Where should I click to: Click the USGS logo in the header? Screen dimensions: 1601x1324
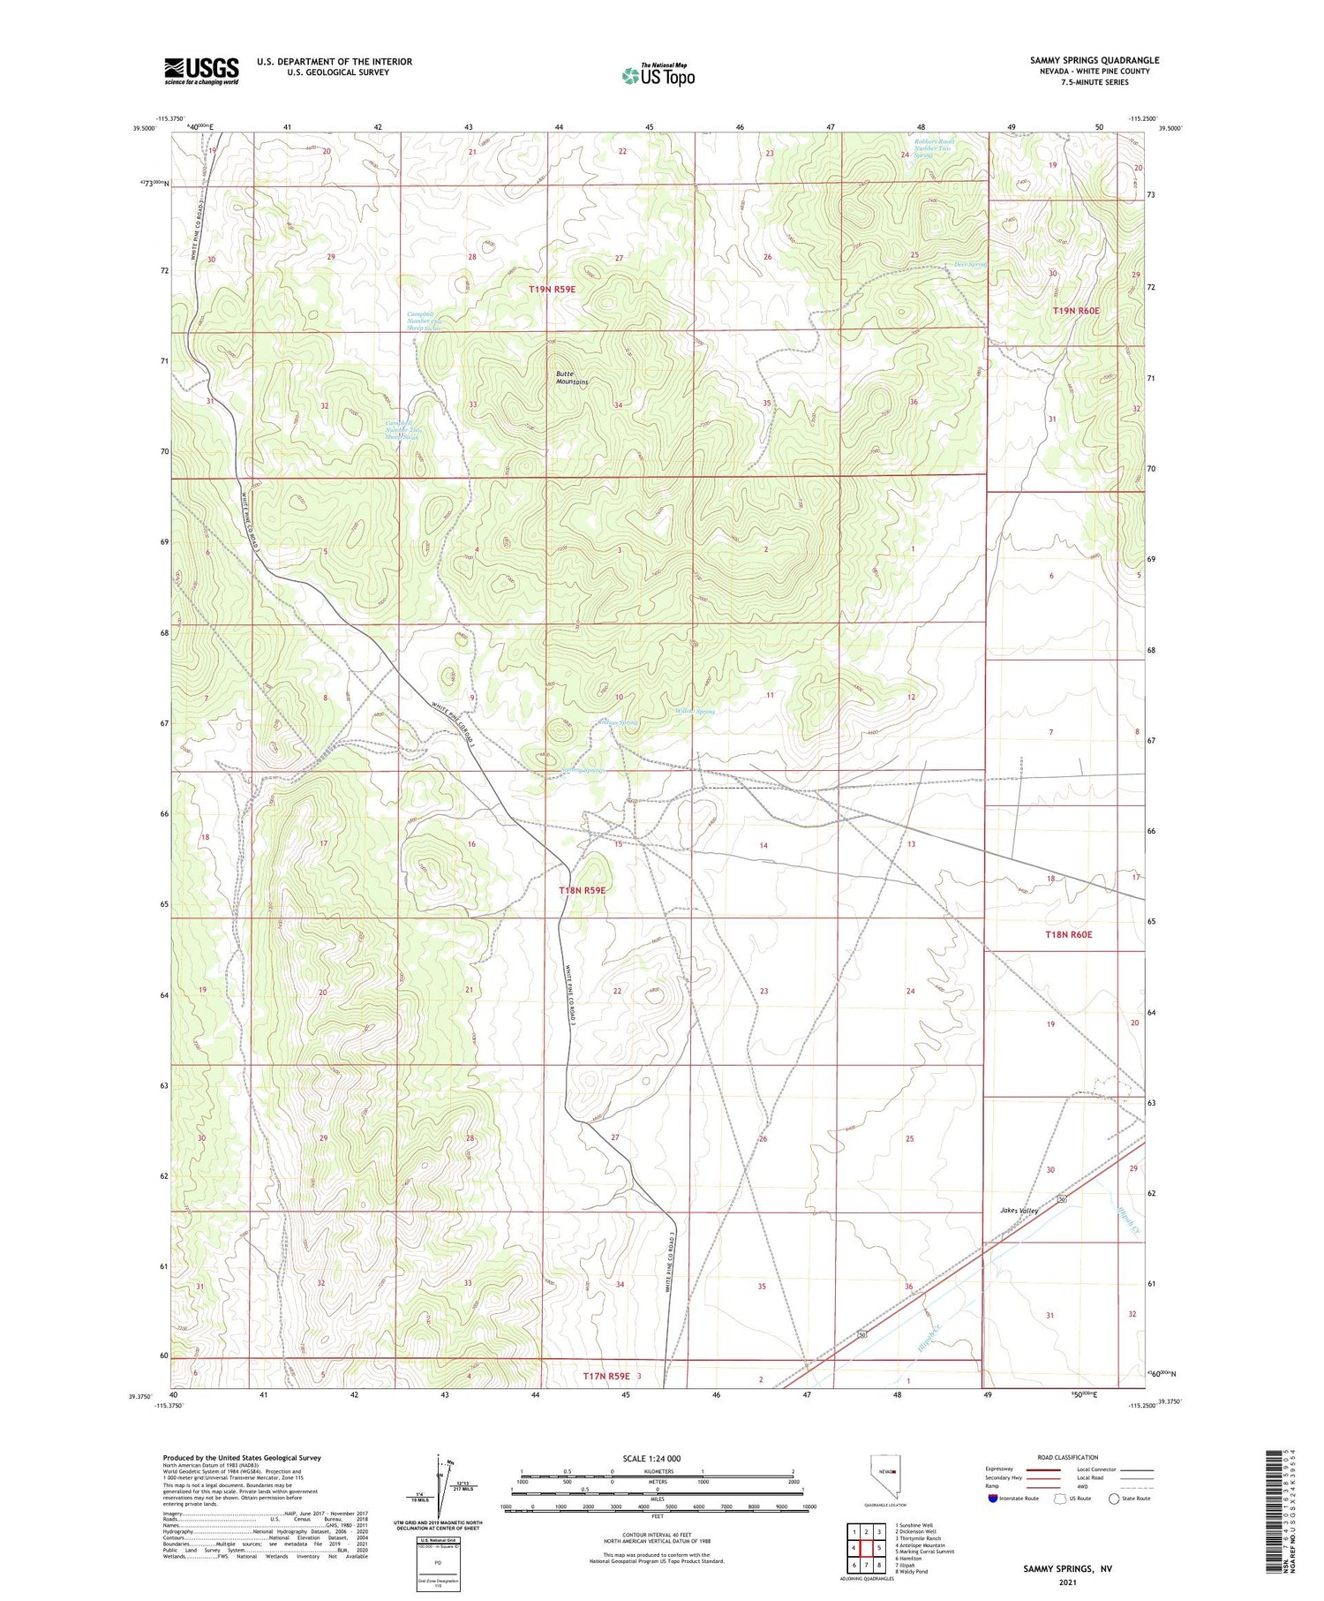[201, 71]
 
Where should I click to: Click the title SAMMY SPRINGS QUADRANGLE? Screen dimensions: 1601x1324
[1094, 60]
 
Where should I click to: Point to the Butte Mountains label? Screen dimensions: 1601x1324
[571, 378]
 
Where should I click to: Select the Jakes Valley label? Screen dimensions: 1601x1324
[1018, 1211]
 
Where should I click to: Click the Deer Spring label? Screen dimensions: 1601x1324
[969, 264]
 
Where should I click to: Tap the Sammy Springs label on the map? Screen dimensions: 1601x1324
[585, 770]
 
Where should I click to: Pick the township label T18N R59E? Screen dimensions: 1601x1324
[582, 890]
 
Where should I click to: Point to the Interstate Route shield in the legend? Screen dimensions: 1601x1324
[993, 1498]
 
